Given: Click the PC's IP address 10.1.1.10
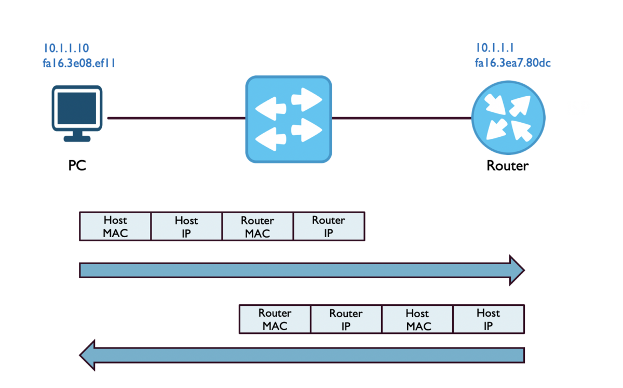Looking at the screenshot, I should click(x=66, y=48).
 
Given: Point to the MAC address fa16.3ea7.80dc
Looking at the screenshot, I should click(x=512, y=63).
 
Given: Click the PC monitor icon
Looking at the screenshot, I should click(x=77, y=113).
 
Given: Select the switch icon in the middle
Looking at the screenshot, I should click(x=288, y=119).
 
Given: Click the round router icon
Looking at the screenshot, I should click(x=508, y=119).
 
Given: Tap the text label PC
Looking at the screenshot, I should click(x=77, y=165).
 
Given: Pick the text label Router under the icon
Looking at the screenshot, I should click(x=507, y=165).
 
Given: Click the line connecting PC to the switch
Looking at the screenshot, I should click(x=177, y=118).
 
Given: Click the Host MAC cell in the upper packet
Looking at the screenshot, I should click(x=115, y=226).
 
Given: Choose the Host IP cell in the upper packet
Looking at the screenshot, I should click(x=186, y=226).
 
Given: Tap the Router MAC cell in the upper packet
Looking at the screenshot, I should click(x=258, y=226).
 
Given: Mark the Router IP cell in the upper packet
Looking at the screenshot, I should click(x=329, y=226).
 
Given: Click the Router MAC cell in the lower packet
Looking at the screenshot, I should click(x=275, y=319).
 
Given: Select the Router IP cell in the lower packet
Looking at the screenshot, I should click(x=346, y=319).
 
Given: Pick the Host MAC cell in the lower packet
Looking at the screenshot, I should click(x=417, y=319).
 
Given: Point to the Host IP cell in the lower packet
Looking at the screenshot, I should click(x=489, y=319).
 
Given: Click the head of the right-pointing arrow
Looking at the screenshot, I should click(x=516, y=270).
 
